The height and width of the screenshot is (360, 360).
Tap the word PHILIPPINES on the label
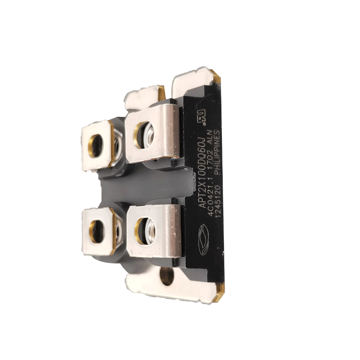[x=217, y=153]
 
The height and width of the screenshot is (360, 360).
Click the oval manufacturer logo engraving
[x=204, y=240]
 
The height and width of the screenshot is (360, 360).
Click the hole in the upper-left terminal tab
[x=96, y=146]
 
